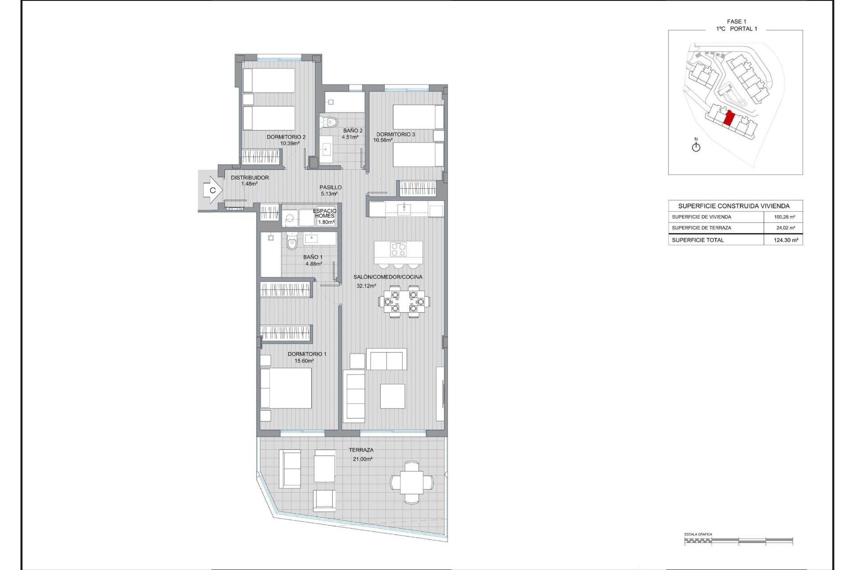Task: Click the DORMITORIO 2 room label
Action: tap(286, 137)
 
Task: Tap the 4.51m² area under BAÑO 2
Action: tap(350, 137)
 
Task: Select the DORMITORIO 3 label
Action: tap(395, 134)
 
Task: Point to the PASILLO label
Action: tap(330, 187)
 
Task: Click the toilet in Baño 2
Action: tap(329, 122)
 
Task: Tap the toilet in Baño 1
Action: tap(292, 243)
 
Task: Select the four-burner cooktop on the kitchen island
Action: tap(398, 249)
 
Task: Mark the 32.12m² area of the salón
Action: tap(366, 286)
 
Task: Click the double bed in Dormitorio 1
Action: tap(286, 388)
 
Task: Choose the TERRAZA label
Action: tap(361, 450)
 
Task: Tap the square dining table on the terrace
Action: tap(411, 483)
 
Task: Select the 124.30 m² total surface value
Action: tap(786, 240)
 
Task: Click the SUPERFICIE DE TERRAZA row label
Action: tap(701, 228)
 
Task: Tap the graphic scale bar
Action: tap(738, 541)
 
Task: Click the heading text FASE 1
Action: tap(736, 21)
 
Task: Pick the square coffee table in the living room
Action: tap(392, 396)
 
